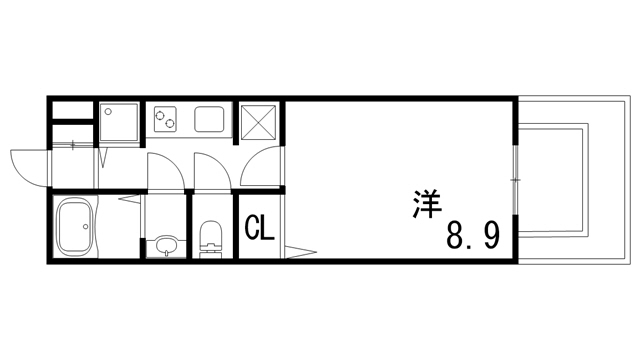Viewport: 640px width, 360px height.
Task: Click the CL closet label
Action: pyautogui.click(x=260, y=229)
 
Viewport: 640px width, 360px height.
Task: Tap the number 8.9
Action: pyautogui.click(x=472, y=237)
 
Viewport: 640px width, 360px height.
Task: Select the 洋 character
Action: pyautogui.click(x=429, y=202)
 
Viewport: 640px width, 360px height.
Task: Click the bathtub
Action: pyautogui.click(x=76, y=227)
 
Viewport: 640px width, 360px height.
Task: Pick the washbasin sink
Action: pyautogui.click(x=164, y=246)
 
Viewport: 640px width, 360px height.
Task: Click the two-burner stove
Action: pyautogui.click(x=164, y=121)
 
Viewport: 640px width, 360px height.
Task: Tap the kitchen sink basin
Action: pyautogui.click(x=211, y=120)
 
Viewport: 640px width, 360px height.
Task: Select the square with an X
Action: pyautogui.click(x=260, y=121)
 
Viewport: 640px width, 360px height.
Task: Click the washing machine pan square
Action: pyautogui.click(x=119, y=122)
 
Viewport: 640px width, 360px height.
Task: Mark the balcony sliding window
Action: pyautogui.click(x=516, y=180)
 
